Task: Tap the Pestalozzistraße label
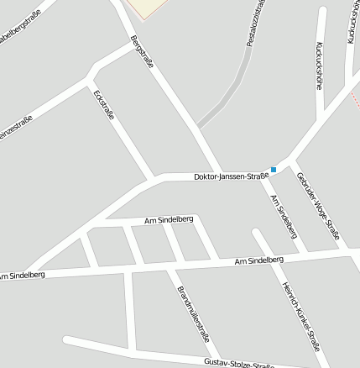pos(257,24)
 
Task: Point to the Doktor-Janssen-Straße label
pos(231,176)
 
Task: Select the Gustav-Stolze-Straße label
pos(238,363)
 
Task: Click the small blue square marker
pos(274,170)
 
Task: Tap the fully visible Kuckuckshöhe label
pos(320,66)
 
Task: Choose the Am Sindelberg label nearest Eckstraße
pos(170,219)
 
